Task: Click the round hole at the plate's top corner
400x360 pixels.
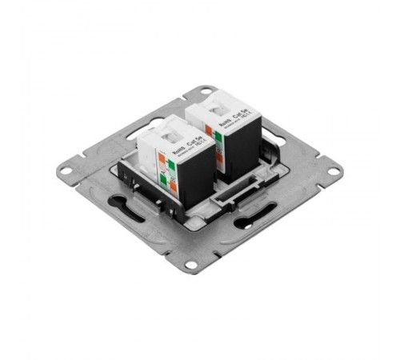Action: [206, 90]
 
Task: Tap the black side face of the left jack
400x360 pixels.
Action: [195, 172]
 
